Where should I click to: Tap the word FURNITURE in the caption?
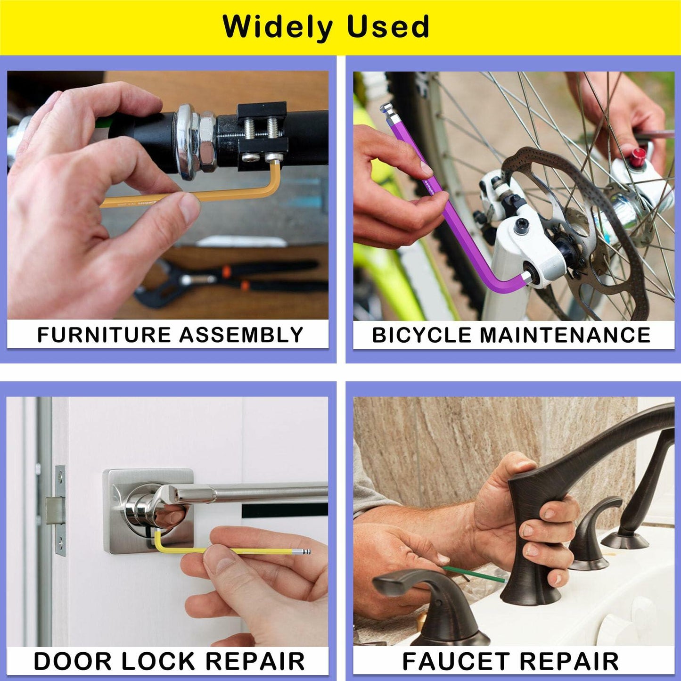coord(104,335)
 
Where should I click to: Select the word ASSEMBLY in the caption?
coord(241,335)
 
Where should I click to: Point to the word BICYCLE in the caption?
coord(422,335)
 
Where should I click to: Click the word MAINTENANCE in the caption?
coord(565,335)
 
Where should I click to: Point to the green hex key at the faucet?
coord(474,575)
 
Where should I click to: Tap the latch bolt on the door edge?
coord(54,511)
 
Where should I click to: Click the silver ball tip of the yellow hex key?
coord(306,551)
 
